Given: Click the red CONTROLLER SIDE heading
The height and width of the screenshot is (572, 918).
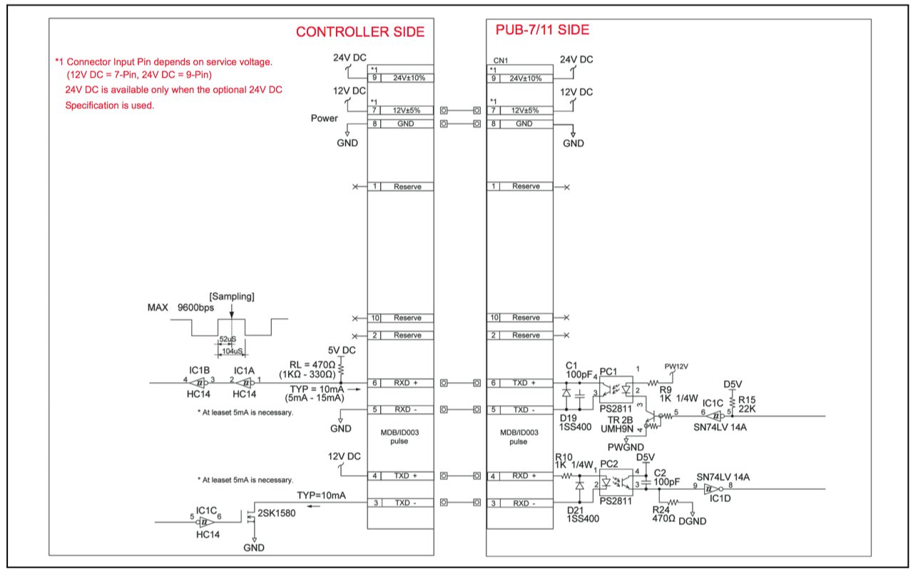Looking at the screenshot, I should (359, 32).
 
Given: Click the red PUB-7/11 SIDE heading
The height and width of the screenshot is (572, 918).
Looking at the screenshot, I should (542, 30).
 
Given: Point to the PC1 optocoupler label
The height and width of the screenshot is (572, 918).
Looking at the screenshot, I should (608, 372).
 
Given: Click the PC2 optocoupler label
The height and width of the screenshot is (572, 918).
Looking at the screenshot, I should (609, 464).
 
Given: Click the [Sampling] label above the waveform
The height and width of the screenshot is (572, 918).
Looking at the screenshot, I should (232, 296).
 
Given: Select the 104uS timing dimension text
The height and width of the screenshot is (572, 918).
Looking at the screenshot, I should (233, 352).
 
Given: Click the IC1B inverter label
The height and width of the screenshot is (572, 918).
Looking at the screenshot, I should (199, 371).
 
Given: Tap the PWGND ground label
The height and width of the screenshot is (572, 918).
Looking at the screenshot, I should (626, 447).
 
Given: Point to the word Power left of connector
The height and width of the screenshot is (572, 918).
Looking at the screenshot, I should (325, 118).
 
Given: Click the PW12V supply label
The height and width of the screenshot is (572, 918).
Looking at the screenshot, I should (676, 367).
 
